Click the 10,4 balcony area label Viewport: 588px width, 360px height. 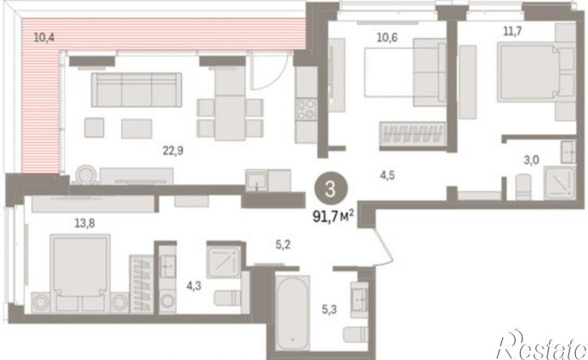(x=44, y=37)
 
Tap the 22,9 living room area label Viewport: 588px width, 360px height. (x=173, y=151)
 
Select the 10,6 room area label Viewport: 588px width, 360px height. (x=387, y=37)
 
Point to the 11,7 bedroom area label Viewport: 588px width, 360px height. (x=513, y=31)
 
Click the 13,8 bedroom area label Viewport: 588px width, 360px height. (x=84, y=224)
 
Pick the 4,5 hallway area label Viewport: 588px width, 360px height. (x=387, y=175)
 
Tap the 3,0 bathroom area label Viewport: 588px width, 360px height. (x=531, y=160)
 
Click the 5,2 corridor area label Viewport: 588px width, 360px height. (x=283, y=245)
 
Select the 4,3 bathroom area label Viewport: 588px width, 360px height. (x=194, y=286)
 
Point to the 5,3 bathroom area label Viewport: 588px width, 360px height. (x=329, y=310)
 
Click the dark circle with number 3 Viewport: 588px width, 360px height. (x=331, y=190)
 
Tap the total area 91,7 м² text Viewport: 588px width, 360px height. (x=334, y=216)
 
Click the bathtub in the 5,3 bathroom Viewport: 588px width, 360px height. (x=293, y=313)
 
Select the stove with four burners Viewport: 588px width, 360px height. (x=306, y=109)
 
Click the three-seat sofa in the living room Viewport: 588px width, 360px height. (x=136, y=90)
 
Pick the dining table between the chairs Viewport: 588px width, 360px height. (x=230, y=118)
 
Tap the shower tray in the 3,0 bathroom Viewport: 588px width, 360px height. (x=560, y=183)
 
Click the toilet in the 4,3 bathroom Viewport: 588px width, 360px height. (x=227, y=298)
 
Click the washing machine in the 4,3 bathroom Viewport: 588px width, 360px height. (x=167, y=300)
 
